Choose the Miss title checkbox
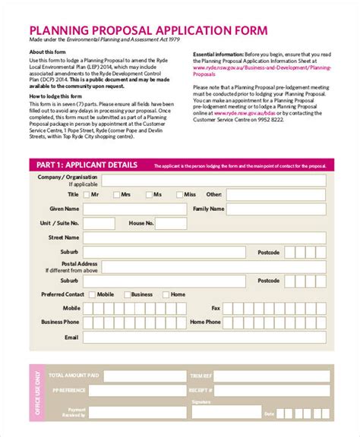tap(178, 195)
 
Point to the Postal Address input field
tap(215, 266)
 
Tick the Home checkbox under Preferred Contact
tap(166, 294)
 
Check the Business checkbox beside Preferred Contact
tap(126, 294)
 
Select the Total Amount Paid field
tap(144, 376)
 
